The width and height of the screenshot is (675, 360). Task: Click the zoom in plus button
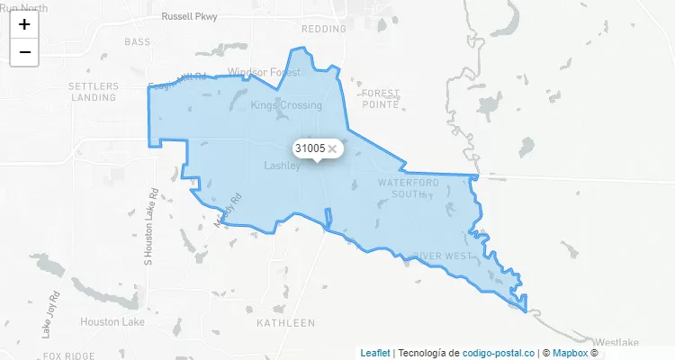pos(24,24)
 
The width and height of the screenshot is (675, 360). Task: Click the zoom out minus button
pos(24,52)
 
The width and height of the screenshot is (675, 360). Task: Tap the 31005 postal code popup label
pos(310,148)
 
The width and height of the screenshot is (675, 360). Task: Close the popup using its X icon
pos(332,148)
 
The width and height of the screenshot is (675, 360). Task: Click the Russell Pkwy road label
pos(190,16)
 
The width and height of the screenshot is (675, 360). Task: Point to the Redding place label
pos(324,29)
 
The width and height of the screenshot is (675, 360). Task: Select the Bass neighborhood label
pos(138,42)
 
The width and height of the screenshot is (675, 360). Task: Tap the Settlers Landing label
pos(93,91)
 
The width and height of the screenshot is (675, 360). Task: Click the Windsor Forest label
pos(263,71)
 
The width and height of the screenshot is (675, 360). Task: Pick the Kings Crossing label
pos(286,105)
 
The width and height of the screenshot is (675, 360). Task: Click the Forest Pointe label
pos(380,98)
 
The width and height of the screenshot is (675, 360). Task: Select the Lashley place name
pos(283,166)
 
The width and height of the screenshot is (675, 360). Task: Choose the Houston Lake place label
pos(112,321)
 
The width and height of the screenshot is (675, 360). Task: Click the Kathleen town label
pos(285,322)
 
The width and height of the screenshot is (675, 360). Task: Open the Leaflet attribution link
pos(375,353)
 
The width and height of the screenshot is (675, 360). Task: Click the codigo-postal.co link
pos(499,353)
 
